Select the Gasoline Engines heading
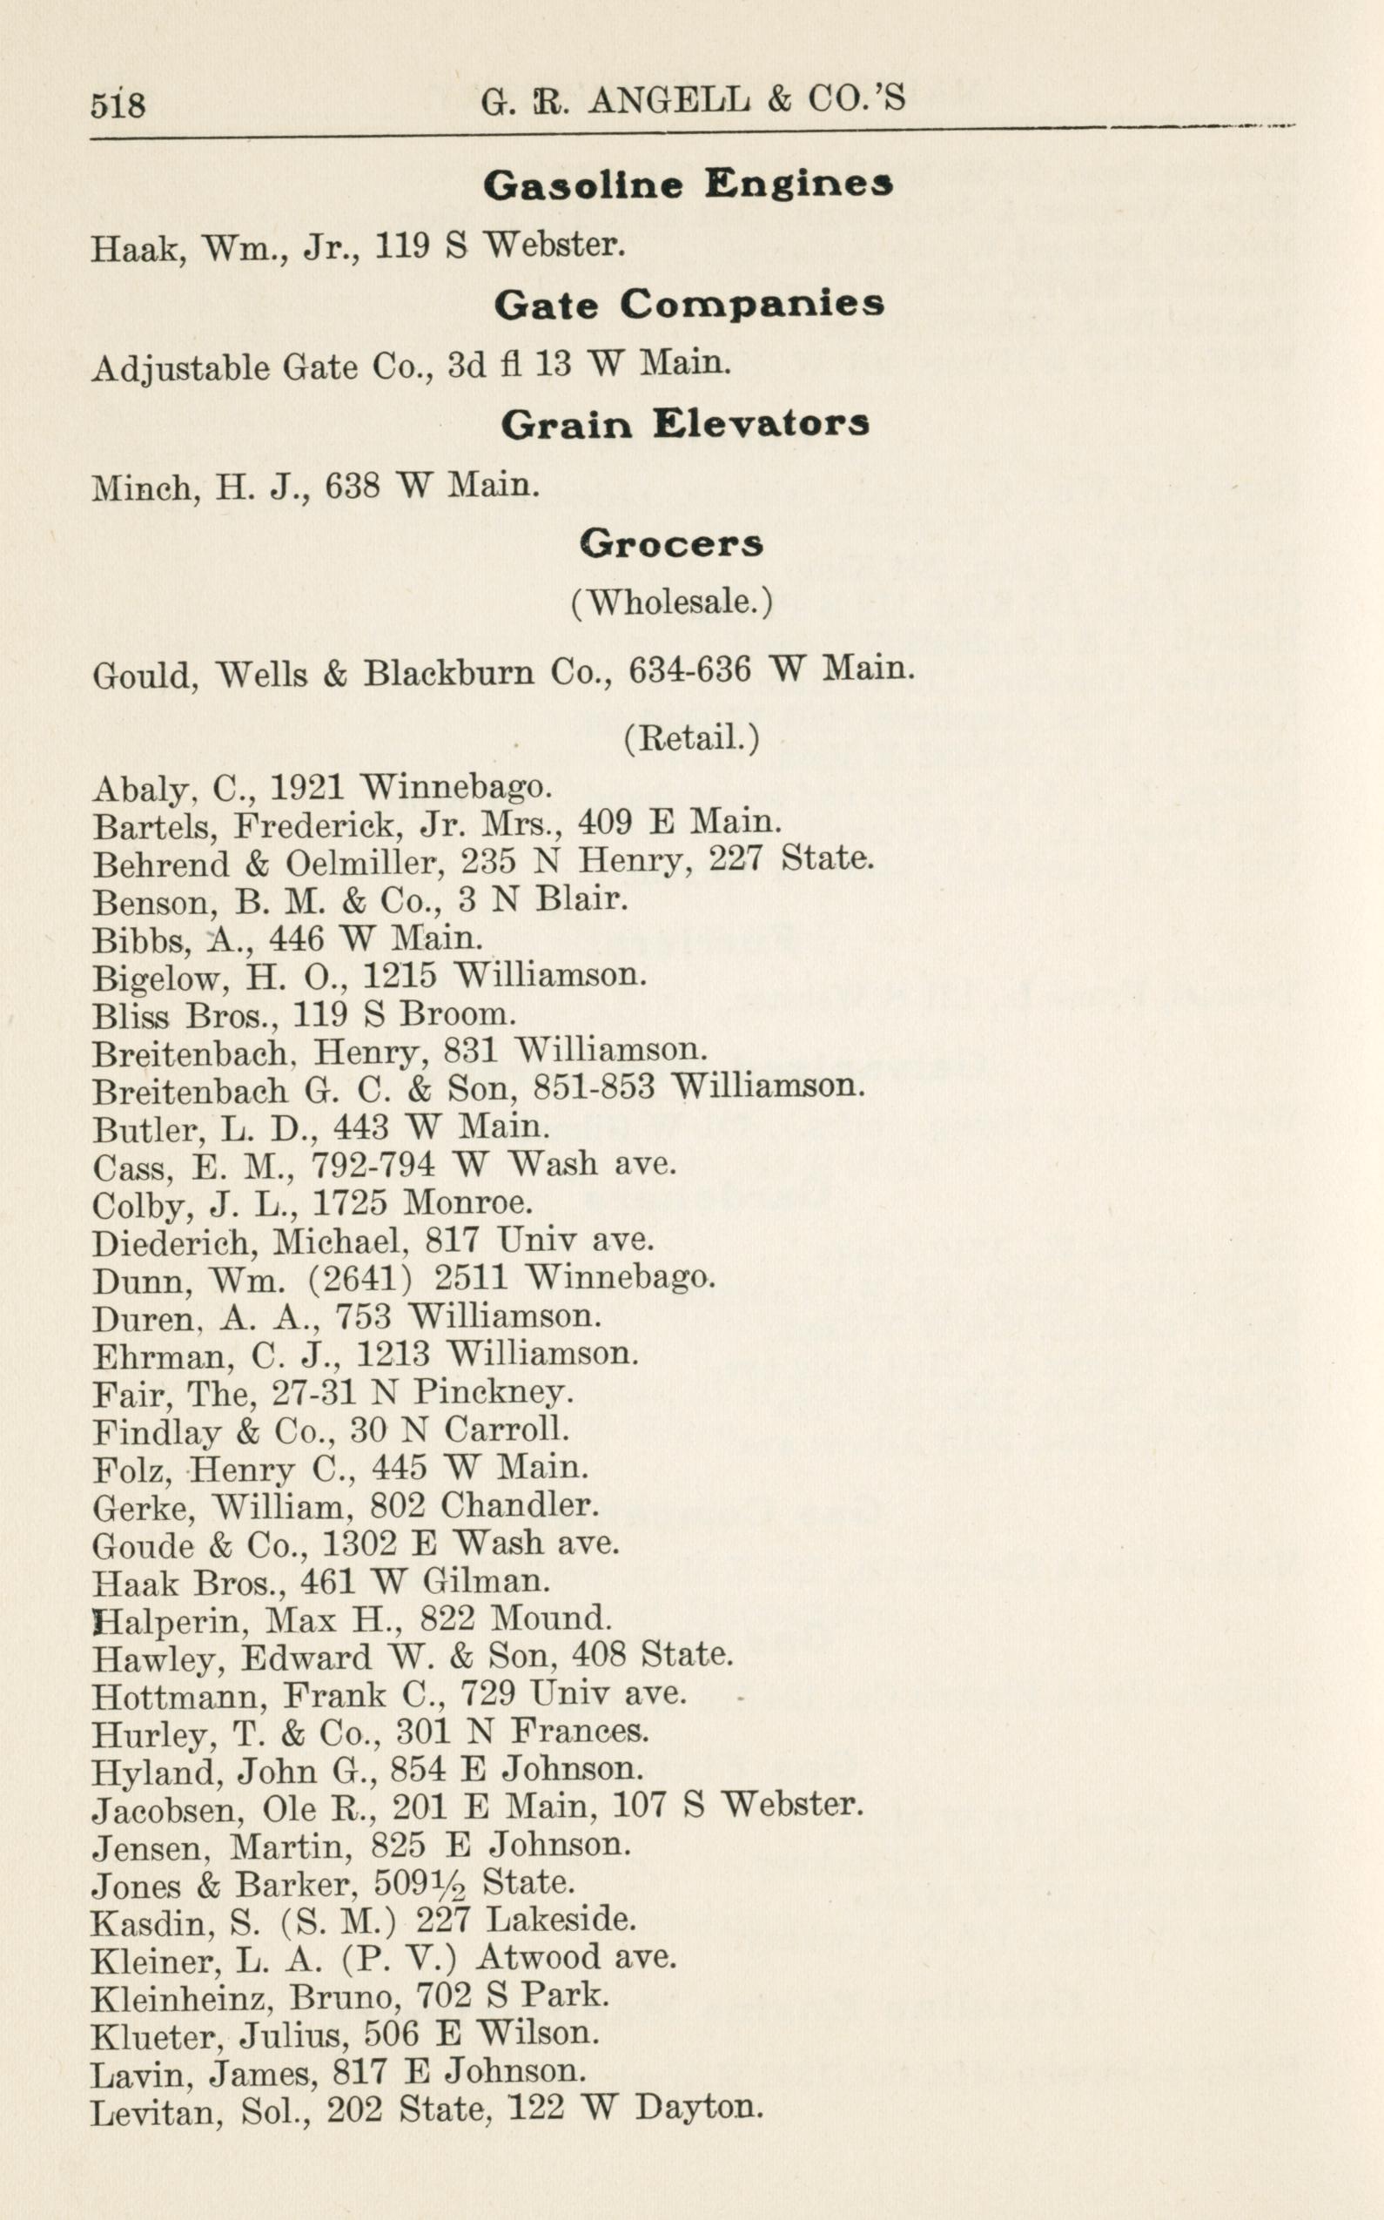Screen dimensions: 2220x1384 (688, 185)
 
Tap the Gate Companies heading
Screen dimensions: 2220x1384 (689, 304)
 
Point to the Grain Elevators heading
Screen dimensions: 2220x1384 (685, 423)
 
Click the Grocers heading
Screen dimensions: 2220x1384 (671, 545)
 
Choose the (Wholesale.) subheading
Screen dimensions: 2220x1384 (672, 602)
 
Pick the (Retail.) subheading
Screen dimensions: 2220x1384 (691, 738)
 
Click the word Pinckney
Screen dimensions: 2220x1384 (493, 1392)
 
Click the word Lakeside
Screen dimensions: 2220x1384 (561, 1920)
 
